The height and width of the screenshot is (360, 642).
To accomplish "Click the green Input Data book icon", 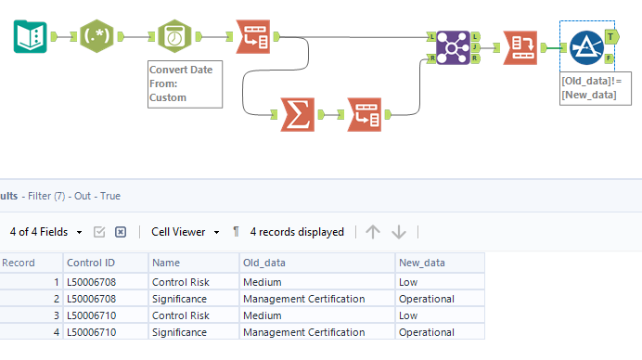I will coord(31,36).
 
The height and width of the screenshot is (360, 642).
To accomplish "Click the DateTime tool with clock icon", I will coord(174,36).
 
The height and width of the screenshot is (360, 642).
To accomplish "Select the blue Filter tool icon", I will coord(585,46).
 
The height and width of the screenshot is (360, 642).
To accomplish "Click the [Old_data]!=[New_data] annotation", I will coord(589,88).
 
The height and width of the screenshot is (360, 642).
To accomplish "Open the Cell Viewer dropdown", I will coord(186,232).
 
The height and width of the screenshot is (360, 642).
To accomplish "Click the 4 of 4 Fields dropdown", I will coord(46,232).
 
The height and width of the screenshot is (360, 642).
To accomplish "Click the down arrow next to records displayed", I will coord(399,232).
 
